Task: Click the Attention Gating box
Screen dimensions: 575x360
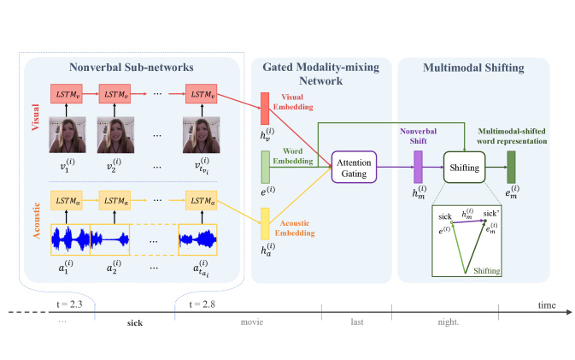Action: coord(354,167)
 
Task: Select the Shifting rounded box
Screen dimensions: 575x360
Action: coord(464,168)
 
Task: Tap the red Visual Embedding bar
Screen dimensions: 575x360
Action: coord(265,109)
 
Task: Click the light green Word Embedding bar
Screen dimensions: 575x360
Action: coord(266,167)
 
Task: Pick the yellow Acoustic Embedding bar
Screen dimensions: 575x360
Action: coord(265,224)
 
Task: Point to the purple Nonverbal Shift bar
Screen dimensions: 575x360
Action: coord(418,167)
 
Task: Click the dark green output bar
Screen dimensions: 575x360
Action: coord(511,167)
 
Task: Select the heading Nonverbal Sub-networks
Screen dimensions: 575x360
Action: coord(132,68)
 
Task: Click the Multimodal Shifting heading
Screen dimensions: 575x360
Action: coord(473,68)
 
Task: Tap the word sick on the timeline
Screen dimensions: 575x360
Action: coord(135,323)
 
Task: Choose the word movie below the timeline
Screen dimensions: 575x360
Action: coord(252,322)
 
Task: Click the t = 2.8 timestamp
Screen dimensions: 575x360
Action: coord(202,304)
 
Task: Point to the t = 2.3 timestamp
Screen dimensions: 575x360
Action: coord(69,304)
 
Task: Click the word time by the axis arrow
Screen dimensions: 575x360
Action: coord(547,305)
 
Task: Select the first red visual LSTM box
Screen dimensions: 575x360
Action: coord(67,94)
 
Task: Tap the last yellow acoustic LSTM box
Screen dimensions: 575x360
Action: coord(202,200)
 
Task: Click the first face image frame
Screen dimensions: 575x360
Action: coord(67,134)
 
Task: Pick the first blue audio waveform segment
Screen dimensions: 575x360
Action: coord(70,239)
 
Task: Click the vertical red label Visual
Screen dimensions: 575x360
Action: coord(35,117)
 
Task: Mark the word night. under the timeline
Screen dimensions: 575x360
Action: coord(448,322)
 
